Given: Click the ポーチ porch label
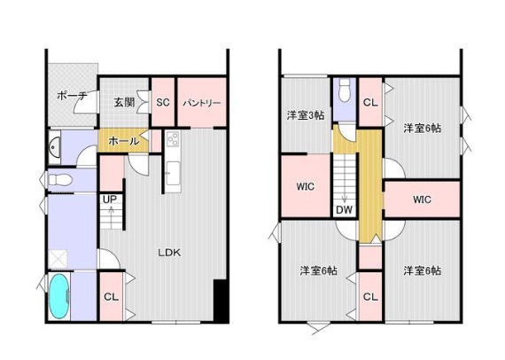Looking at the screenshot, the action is [72, 96].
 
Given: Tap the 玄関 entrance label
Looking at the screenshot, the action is [124, 103].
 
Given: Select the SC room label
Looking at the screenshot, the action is [163, 103].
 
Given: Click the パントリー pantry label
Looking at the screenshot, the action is [202, 103].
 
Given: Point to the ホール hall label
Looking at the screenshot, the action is [124, 141].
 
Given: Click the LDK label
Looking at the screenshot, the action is [169, 253].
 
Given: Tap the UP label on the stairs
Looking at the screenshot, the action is [110, 200].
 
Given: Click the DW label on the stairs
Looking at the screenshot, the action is [345, 210].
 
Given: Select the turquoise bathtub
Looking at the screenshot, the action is [59, 297].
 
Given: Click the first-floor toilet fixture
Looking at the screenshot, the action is [60, 179].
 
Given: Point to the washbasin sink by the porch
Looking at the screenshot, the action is [54, 147].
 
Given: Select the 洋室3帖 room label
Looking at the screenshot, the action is [306, 115].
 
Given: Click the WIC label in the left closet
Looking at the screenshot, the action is [306, 186].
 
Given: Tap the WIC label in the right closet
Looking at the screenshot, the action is [423, 200].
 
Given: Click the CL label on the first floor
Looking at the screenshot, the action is [111, 297].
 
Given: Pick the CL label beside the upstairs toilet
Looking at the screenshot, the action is [370, 103].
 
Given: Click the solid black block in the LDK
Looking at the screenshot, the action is [221, 301].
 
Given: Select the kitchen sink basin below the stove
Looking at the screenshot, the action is [174, 174].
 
